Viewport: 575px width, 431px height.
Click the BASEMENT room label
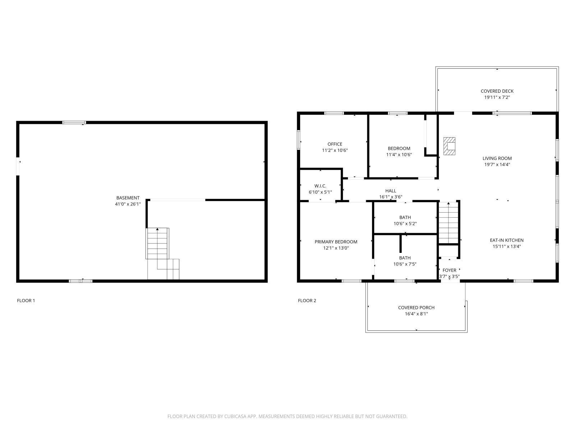(128, 198)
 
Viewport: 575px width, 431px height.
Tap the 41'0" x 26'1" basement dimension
(128, 204)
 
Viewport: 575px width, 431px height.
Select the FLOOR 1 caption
(26, 301)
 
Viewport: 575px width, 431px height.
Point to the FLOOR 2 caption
(307, 301)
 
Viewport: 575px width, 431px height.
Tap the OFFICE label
(335, 144)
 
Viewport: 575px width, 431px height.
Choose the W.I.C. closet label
(320, 186)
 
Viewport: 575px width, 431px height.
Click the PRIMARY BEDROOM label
(336, 242)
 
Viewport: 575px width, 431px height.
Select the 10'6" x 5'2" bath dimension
(405, 223)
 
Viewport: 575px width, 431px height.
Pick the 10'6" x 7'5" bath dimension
(405, 264)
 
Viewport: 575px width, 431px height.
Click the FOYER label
(449, 270)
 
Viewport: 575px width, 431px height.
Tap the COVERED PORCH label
(416, 307)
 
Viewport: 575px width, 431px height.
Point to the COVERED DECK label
(497, 91)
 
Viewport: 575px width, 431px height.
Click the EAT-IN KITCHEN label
(507, 240)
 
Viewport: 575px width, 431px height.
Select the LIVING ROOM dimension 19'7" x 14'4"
(497, 164)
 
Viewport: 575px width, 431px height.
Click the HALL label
(391, 191)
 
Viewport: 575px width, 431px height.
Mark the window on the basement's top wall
(74, 122)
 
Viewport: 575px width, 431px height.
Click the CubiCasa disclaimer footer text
(287, 416)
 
